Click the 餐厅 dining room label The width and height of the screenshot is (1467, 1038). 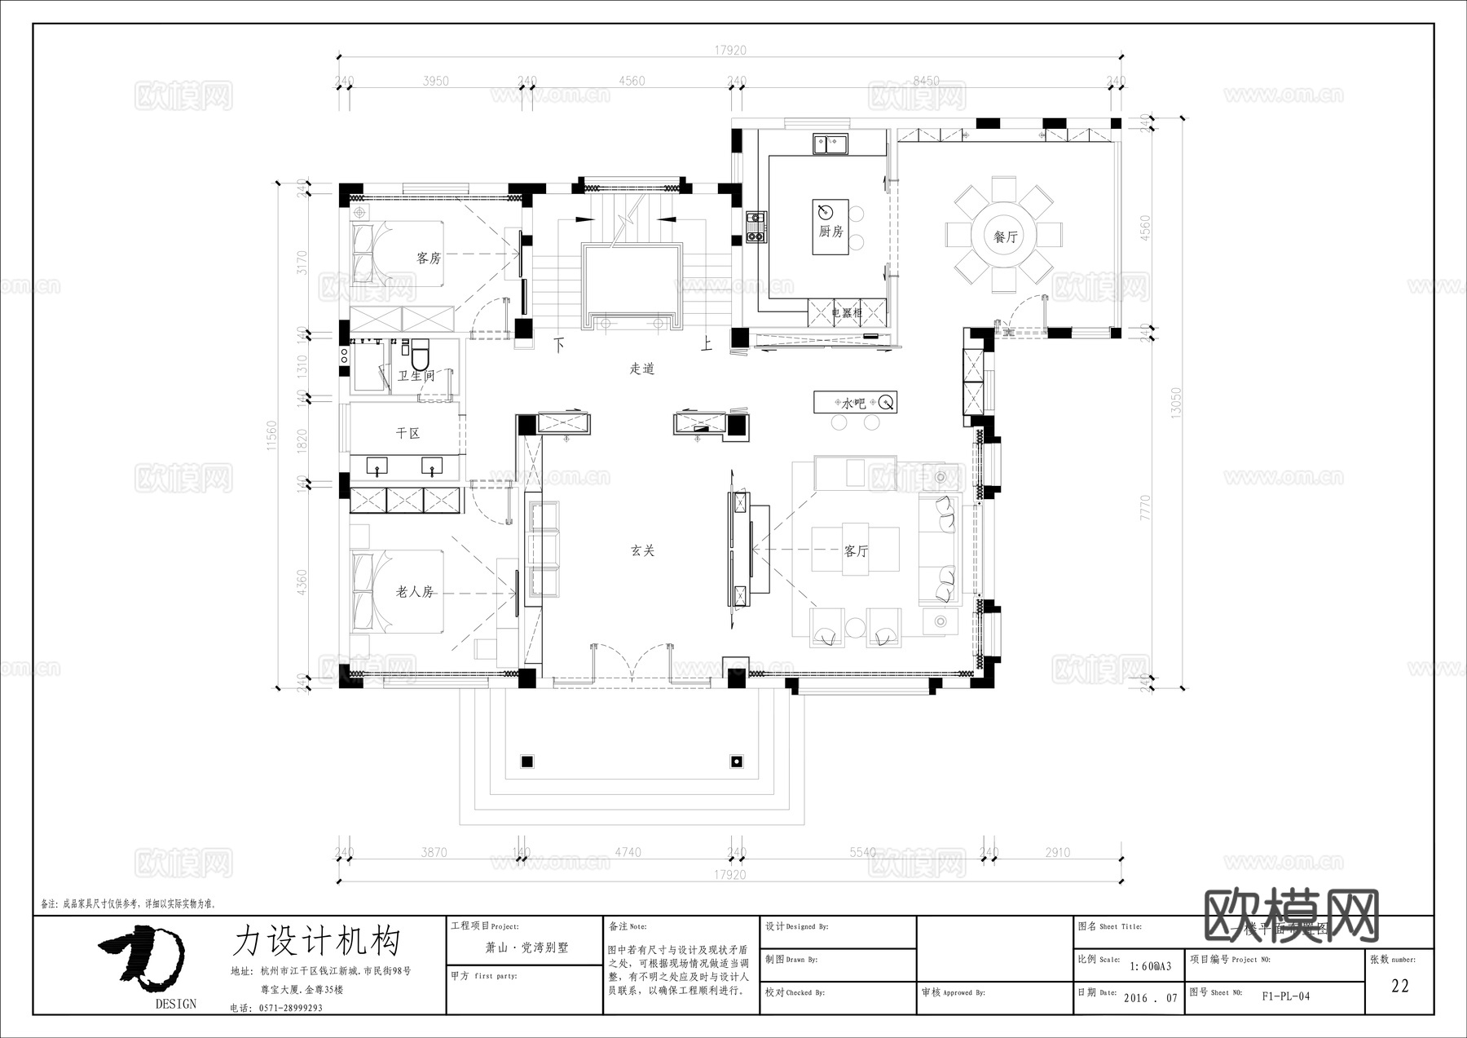point(1005,237)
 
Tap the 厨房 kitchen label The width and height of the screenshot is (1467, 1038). point(830,232)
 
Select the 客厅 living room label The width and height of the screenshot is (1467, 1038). point(856,551)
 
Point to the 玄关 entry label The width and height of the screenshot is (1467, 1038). point(642,551)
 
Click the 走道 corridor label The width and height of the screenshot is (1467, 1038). point(642,369)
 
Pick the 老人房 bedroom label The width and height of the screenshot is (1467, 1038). point(415,592)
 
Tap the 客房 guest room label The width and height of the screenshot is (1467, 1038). point(429,258)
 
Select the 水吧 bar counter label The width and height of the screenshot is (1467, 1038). point(853,403)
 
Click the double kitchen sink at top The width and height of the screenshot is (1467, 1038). point(830,144)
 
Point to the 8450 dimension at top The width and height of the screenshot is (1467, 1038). point(926,81)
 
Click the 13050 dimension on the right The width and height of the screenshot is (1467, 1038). point(1175,403)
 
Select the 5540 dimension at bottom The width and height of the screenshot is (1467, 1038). point(862,852)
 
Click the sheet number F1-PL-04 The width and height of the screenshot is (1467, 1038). point(1285,996)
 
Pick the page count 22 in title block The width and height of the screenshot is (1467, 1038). point(1399,986)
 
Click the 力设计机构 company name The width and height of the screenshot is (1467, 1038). point(317,941)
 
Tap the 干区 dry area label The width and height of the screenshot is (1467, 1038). point(407,433)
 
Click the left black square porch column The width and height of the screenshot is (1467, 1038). point(526,762)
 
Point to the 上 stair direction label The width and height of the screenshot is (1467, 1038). point(707,344)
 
